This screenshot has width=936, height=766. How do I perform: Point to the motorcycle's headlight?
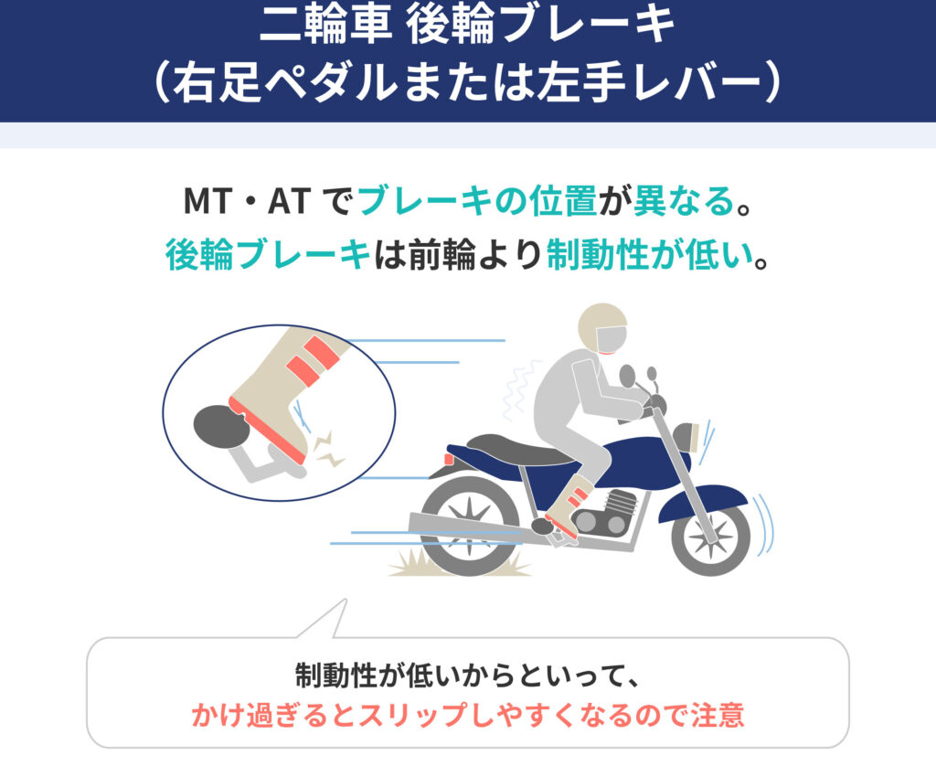coord(686,437)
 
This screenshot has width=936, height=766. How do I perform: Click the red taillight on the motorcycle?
coord(448,459)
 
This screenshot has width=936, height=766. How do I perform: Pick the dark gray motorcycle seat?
coord(520,449)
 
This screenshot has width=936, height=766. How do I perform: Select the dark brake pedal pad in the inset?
coord(220,426)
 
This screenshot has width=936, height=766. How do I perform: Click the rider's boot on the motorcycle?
coord(563,504)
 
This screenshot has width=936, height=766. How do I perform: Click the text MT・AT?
coord(247,201)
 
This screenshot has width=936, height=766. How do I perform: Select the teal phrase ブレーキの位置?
coord(477,201)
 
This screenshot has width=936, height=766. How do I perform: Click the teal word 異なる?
coord(683,201)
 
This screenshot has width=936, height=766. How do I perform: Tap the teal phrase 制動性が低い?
coord(650,255)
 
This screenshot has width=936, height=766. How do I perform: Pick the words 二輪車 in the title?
coord(326,26)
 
